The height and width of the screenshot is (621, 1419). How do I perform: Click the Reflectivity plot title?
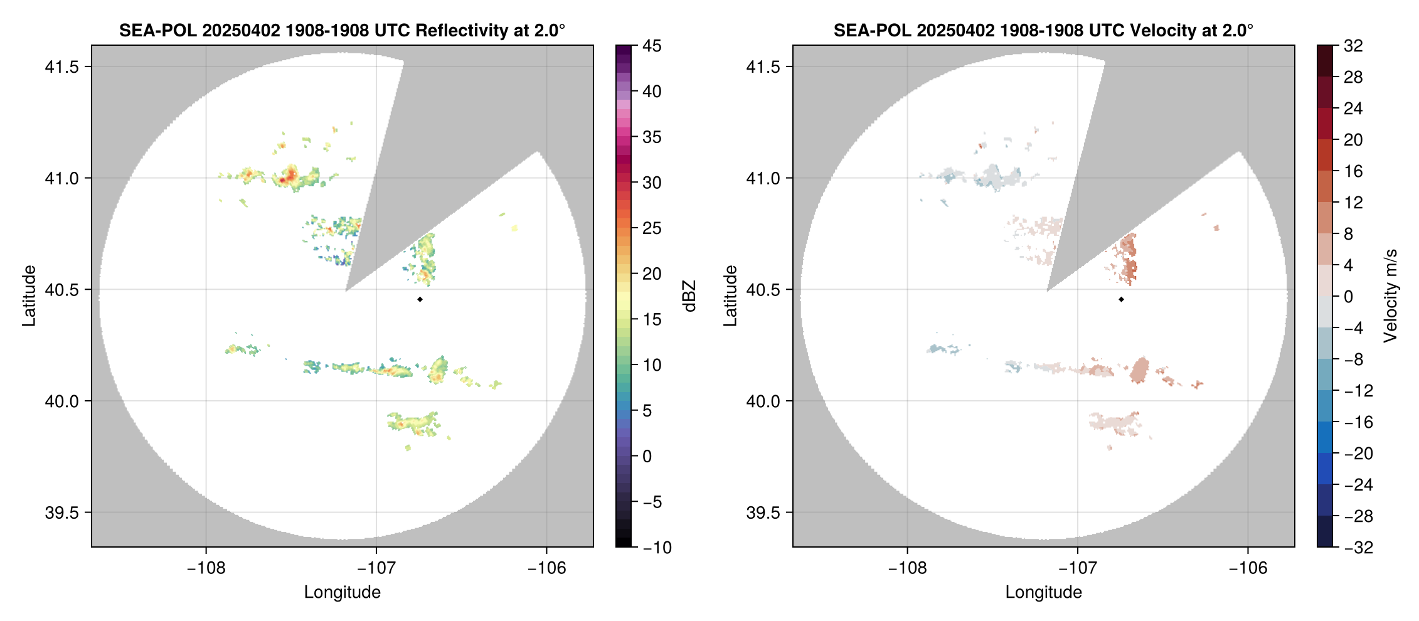342,30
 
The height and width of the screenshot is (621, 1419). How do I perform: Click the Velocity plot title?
1043,30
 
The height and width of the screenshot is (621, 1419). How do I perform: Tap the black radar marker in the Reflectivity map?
420,299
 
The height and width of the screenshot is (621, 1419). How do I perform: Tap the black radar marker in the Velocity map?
1121,299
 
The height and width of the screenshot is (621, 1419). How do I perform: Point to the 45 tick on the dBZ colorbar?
652,46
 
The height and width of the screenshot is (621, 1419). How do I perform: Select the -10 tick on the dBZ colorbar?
657,547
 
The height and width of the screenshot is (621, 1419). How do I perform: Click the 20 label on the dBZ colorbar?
652,273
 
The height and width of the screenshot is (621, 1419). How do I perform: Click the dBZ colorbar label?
689,296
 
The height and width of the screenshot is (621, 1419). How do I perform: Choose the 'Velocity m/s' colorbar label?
1391,296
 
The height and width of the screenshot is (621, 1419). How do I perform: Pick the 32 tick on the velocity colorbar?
1353,46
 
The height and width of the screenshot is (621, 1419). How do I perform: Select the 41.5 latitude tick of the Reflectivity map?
62,66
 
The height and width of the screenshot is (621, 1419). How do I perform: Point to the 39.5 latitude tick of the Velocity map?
763,512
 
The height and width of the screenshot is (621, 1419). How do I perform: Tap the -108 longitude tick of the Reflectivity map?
206,568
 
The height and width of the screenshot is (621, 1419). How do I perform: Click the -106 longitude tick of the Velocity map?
1248,568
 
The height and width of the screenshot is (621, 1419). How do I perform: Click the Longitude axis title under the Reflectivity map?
342,592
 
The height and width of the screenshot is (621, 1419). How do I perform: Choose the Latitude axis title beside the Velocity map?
730,296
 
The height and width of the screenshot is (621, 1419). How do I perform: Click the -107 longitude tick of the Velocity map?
1078,568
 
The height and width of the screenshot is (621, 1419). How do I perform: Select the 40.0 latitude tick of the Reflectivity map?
62,401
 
